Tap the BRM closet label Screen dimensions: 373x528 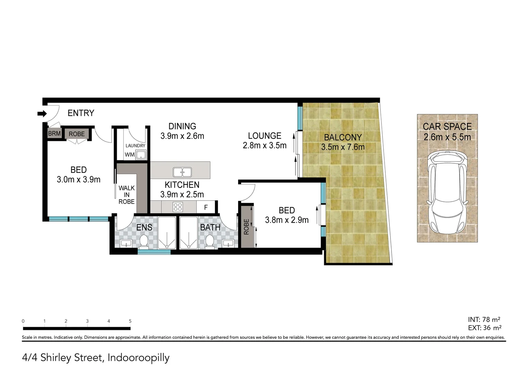[54, 134]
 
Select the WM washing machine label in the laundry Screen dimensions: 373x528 [130, 155]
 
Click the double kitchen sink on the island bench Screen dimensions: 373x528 [182, 171]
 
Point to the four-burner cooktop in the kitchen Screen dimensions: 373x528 [178, 207]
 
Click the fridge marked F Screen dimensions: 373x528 [206, 207]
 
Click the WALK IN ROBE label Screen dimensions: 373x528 [126, 195]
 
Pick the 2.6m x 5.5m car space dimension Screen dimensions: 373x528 [447, 137]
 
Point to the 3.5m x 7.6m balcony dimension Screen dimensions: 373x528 [343, 147]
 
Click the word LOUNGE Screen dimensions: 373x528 [265, 136]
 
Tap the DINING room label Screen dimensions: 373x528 [182, 126]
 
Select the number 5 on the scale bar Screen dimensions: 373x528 [130, 321]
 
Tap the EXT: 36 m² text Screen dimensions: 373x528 [485, 328]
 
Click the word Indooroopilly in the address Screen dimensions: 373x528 [139, 358]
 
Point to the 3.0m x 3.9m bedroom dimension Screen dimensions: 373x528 [78, 180]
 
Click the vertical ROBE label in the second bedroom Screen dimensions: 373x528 [246, 227]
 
